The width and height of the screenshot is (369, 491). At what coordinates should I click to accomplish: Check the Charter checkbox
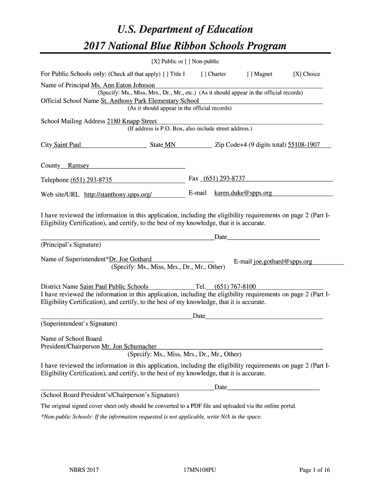point(204,74)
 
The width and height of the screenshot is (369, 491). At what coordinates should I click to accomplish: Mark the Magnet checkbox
point(250,74)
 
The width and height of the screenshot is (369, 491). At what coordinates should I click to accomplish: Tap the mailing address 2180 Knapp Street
point(131,121)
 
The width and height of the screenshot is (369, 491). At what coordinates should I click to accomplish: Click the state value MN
point(170,145)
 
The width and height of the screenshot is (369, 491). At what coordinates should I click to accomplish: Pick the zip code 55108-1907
point(304,145)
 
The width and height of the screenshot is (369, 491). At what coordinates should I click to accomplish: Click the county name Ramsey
point(79,166)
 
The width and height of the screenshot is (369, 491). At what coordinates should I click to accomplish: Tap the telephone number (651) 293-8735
point(91,180)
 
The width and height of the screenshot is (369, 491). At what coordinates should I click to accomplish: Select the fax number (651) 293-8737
point(224,179)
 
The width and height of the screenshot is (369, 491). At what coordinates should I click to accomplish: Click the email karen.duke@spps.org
point(243,193)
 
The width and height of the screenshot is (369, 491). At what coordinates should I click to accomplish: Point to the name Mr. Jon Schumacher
point(129,347)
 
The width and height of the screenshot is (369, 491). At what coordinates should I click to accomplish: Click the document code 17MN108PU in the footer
point(196,470)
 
